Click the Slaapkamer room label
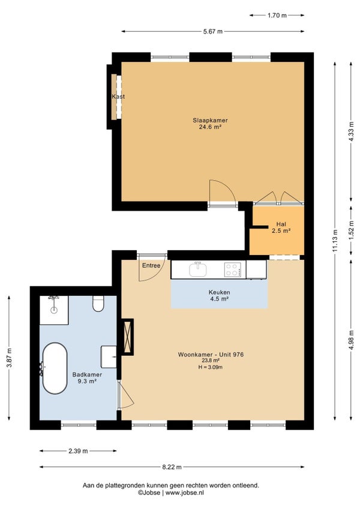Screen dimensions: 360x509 (x=211, y=120)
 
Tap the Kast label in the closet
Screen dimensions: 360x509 (x=118, y=97)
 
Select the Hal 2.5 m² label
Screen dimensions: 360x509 (x=281, y=227)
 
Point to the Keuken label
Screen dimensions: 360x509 (x=220, y=292)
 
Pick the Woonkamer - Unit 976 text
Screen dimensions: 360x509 (x=211, y=355)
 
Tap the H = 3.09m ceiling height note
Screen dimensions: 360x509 (x=211, y=367)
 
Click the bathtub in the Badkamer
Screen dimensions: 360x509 (x=55, y=369)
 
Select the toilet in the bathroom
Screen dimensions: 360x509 (x=98, y=304)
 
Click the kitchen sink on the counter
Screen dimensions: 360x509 (x=198, y=269)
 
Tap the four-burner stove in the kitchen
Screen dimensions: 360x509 (x=232, y=270)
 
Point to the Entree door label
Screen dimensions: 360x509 (x=151, y=265)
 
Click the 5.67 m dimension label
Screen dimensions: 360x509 (x=213, y=31)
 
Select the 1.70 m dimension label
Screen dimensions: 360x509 (x=277, y=15)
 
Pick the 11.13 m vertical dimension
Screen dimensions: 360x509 (x=335, y=241)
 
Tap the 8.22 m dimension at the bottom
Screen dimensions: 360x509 (x=172, y=467)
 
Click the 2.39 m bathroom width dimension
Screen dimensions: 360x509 (x=78, y=451)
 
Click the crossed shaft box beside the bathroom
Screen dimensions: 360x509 (x=127, y=337)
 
